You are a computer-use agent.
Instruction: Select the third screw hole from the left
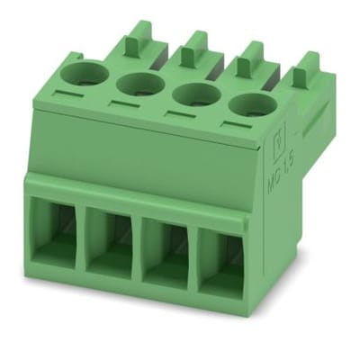191,94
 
